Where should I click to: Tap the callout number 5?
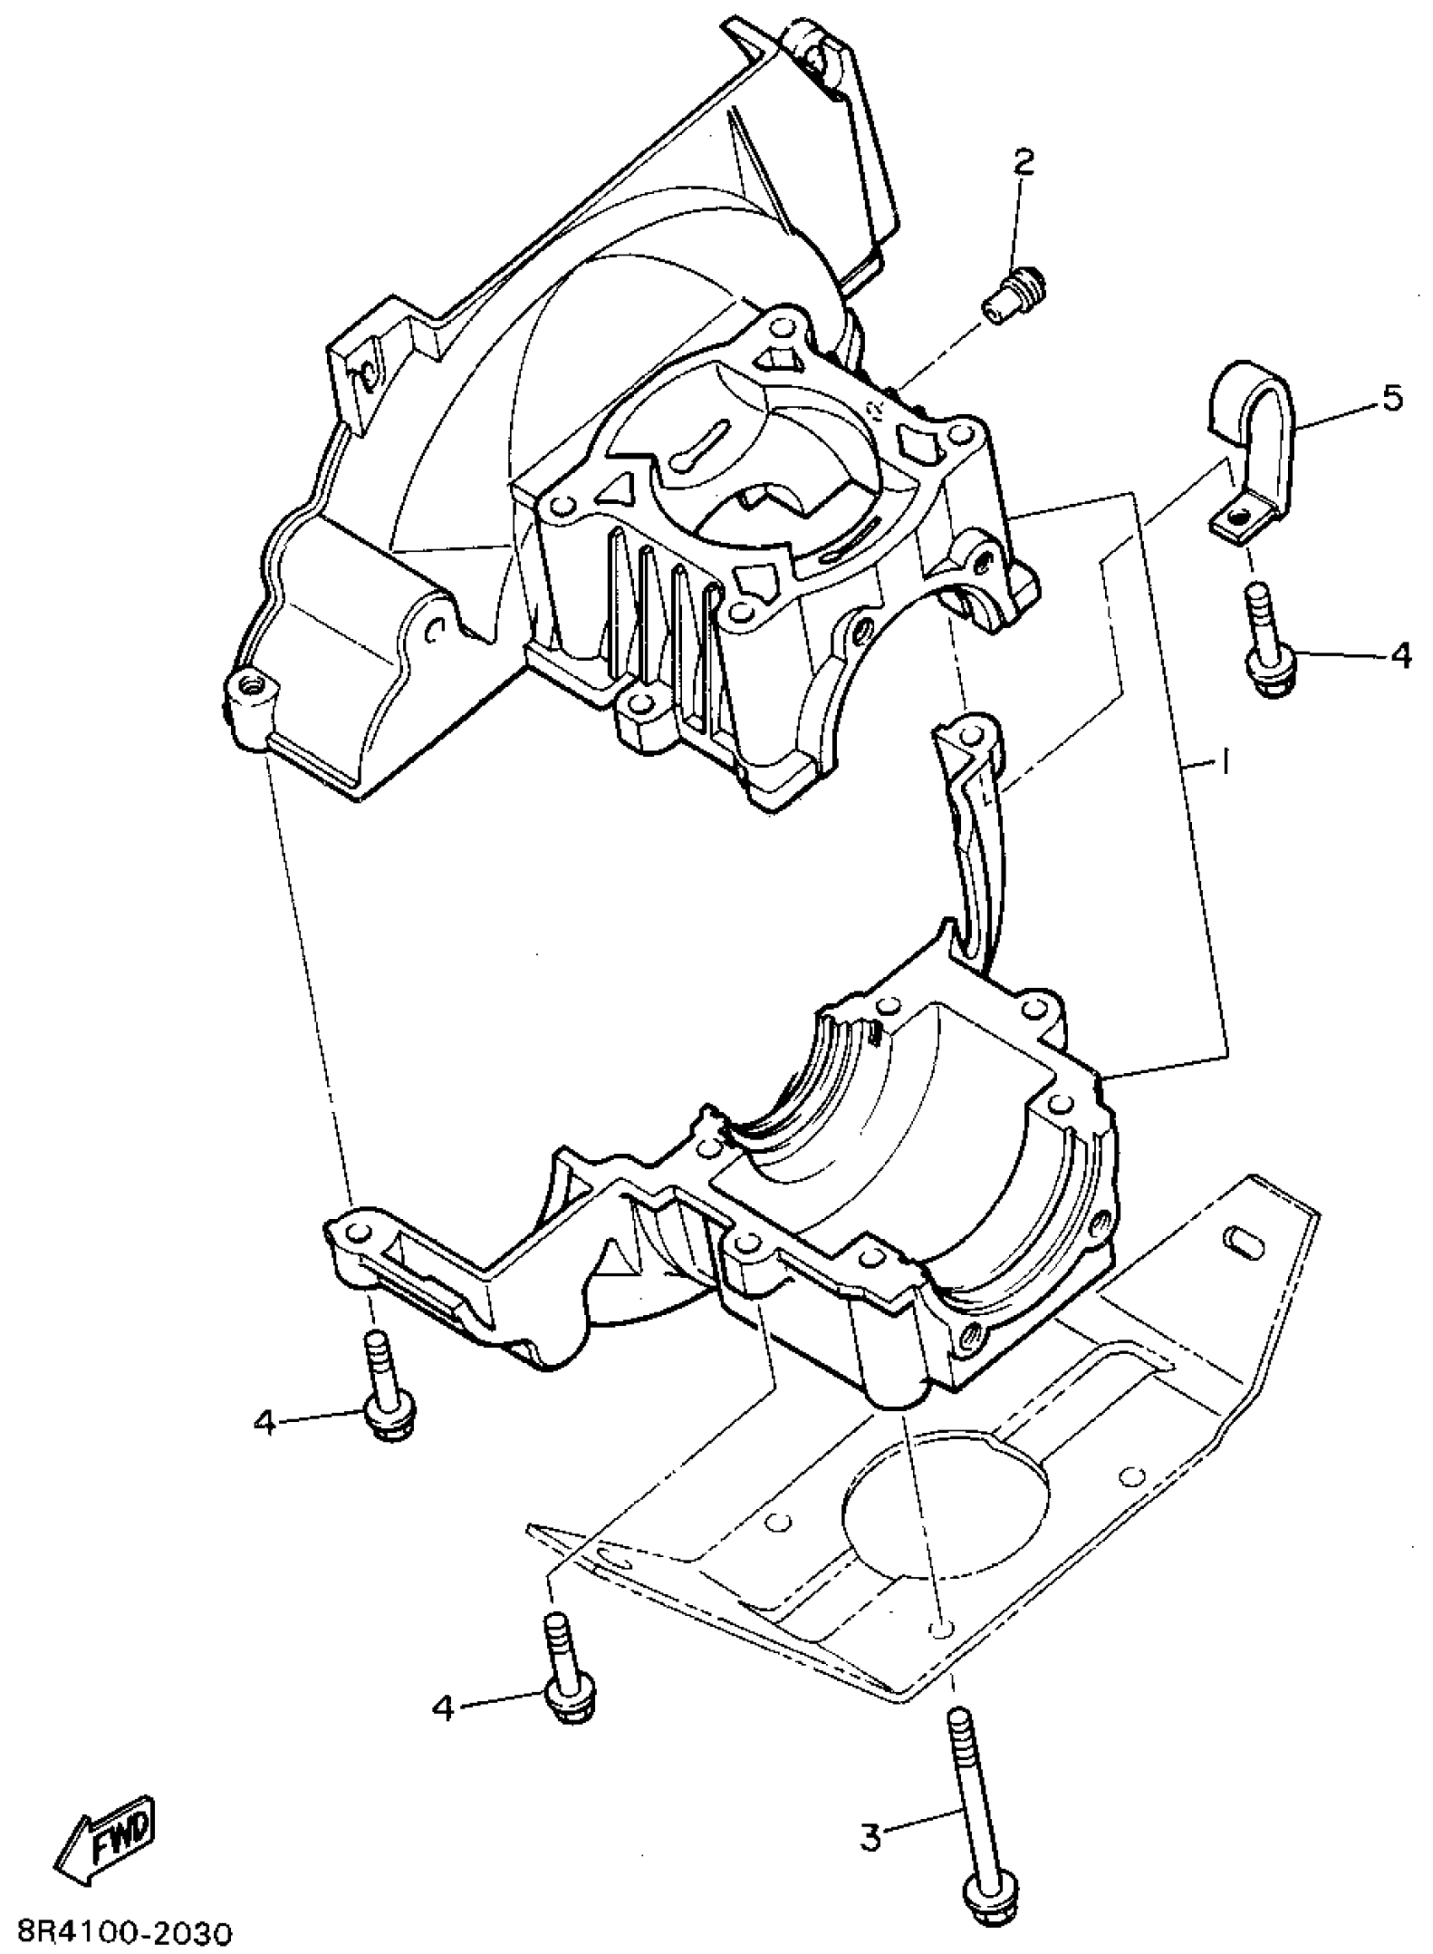point(1391,400)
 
